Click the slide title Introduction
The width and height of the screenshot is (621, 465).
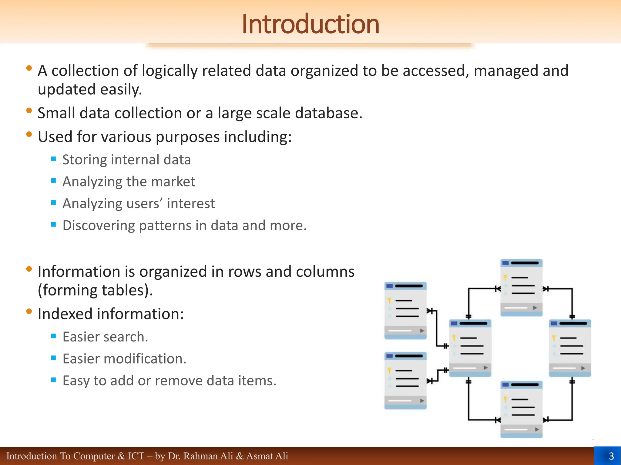click(x=310, y=24)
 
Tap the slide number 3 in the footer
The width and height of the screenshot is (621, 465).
click(x=611, y=456)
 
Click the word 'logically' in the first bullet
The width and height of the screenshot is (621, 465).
click(x=170, y=71)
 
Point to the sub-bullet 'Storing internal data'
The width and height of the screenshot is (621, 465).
click(x=126, y=160)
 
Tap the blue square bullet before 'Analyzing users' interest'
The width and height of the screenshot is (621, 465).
click(x=54, y=203)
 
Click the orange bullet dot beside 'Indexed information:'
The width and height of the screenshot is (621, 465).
click(x=29, y=311)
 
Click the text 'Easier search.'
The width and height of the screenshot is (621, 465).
click(x=105, y=337)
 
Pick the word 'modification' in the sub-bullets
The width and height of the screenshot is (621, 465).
click(x=144, y=359)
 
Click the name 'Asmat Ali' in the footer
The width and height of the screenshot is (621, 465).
click(x=267, y=456)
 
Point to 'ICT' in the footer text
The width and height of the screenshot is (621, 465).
click(x=136, y=456)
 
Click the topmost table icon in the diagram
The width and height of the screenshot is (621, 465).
click(x=521, y=288)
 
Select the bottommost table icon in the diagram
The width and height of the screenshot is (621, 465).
click(x=521, y=409)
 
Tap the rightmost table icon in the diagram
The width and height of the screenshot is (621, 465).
click(x=570, y=348)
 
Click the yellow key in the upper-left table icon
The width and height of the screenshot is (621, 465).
click(x=389, y=300)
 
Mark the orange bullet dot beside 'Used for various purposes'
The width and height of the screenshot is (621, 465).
click(x=29, y=134)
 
